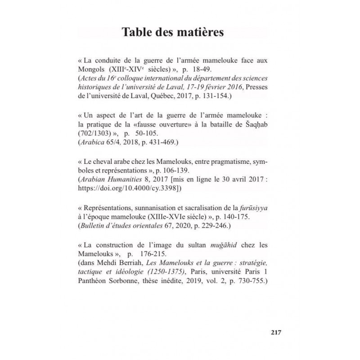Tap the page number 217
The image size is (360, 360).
coord(276,333)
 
